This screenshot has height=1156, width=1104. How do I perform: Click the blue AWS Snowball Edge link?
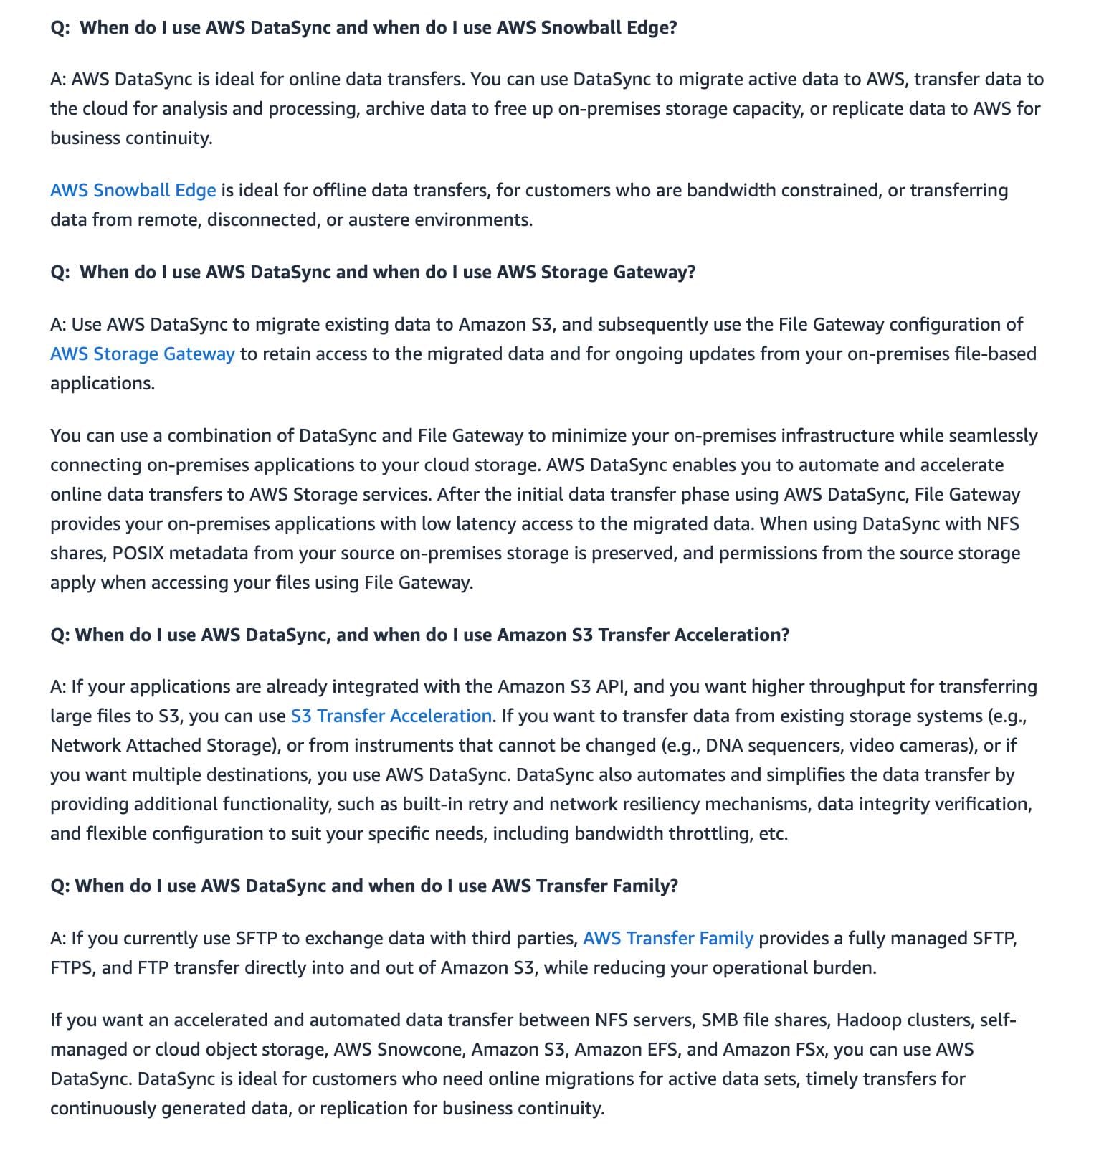pos(133,191)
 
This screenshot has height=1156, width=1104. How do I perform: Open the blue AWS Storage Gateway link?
pos(142,354)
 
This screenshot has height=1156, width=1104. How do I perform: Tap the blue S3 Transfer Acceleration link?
pos(391,716)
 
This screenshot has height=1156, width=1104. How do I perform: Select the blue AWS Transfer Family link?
pos(667,939)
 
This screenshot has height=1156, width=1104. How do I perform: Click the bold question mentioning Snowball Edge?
pos(363,28)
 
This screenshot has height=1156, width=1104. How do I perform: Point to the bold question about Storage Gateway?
pos(373,273)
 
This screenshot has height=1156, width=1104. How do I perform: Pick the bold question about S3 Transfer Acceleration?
pos(419,635)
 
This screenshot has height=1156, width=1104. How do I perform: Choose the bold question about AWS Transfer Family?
pos(364,886)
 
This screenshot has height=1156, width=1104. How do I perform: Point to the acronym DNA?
pos(725,746)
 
